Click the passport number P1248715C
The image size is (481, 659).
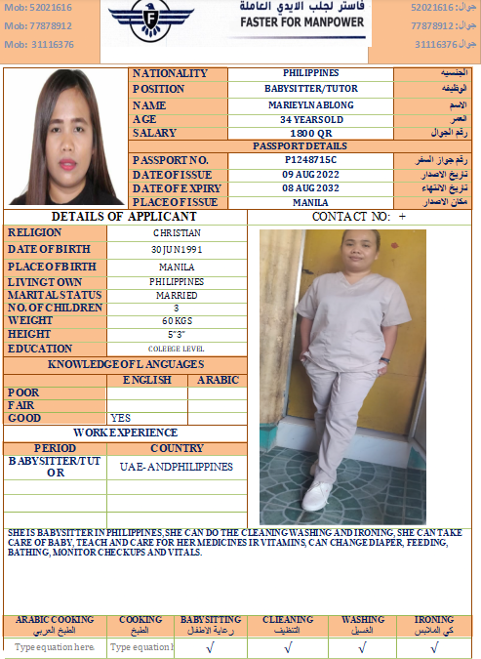[310, 160]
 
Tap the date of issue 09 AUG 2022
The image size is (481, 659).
[310, 174]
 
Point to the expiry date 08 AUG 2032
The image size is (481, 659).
[310, 187]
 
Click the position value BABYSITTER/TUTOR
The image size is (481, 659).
[310, 89]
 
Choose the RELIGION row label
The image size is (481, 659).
[35, 233]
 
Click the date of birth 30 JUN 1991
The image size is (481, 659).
[177, 249]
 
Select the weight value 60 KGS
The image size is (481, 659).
[177, 320]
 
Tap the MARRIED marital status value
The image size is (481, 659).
[177, 295]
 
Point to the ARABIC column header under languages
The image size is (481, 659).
[217, 380]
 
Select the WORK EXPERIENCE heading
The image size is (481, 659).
[126, 432]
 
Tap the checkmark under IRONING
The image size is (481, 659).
[434, 646]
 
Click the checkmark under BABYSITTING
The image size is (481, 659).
[210, 646]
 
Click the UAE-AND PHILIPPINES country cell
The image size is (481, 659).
[177, 467]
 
